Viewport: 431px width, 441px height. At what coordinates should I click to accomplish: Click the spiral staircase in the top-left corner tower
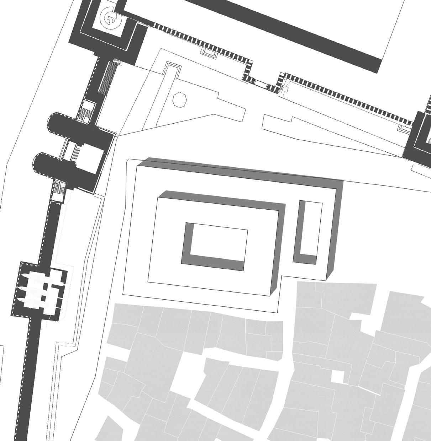click(x=110, y=17)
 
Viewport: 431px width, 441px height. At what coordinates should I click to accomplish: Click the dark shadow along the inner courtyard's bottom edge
click(x=214, y=263)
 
